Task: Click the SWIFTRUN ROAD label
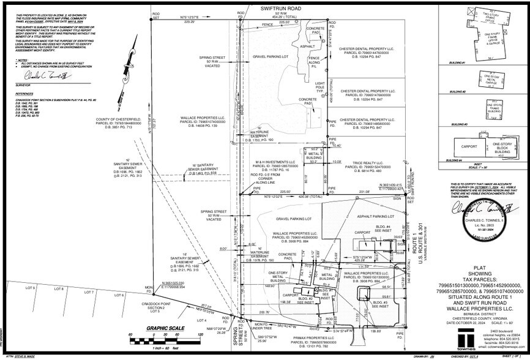coord(282,8)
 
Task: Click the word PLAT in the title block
coord(480,268)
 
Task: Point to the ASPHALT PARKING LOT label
coord(374,216)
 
